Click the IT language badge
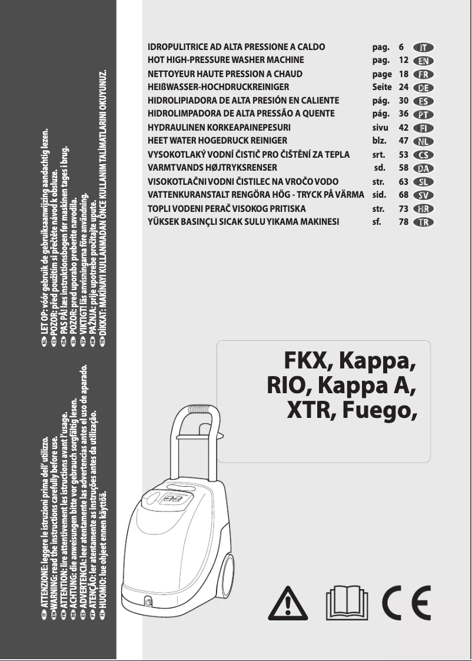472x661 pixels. coord(423,46)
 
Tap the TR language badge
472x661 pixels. coord(423,222)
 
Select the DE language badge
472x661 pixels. coord(423,87)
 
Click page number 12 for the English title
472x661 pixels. coord(404,60)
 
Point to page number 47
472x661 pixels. coord(404,141)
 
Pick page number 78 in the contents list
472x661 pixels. coord(404,222)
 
